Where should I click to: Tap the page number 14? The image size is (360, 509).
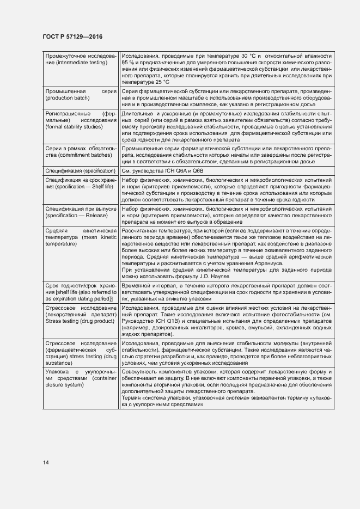click(x=46, y=462)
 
